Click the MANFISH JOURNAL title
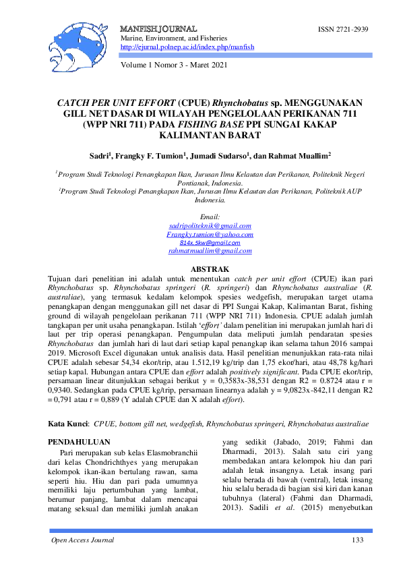[x=158, y=30]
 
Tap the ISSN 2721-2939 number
[x=343, y=30]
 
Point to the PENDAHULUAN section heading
[x=78, y=441]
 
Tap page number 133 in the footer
[x=357, y=541]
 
